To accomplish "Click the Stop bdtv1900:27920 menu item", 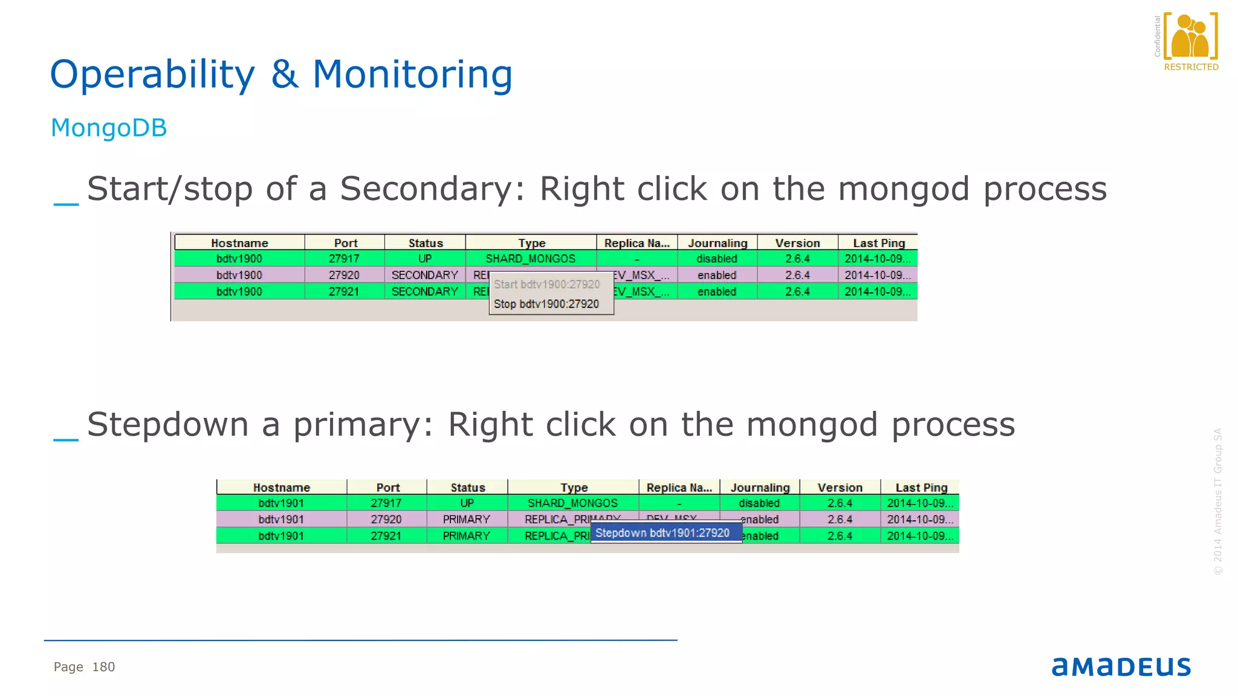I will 546,304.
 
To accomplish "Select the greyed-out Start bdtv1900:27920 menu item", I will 546,285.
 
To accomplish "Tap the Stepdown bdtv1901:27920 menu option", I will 663,533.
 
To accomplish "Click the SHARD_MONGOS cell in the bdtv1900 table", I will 530,259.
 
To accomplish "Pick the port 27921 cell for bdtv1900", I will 344,291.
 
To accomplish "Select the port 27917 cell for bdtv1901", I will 386,503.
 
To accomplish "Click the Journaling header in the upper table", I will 718,243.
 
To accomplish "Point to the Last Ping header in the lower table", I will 921,488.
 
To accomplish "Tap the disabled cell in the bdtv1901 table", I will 759,503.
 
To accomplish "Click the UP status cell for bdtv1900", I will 425,259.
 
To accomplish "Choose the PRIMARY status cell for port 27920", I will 466,519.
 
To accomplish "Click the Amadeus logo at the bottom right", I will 1121,667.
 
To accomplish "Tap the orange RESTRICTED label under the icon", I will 1191,67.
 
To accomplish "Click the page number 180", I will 103,667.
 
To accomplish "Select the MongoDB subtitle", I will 109,128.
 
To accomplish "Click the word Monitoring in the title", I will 412,74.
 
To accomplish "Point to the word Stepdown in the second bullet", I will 167,424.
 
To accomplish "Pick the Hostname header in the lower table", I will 281,488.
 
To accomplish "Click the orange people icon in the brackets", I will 1190,36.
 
